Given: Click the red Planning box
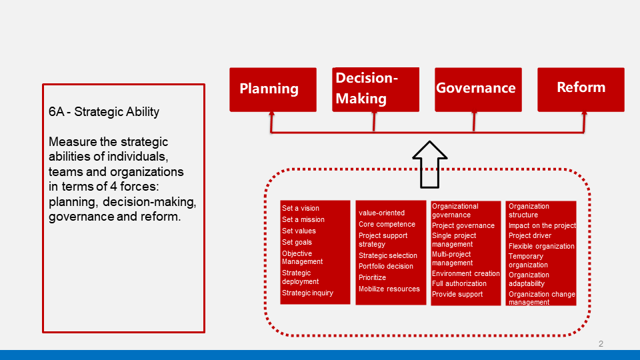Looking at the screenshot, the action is click(273, 90).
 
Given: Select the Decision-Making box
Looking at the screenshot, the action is click(375, 90).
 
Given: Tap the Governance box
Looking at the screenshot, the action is click(478, 90).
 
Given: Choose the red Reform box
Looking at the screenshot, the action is click(581, 90).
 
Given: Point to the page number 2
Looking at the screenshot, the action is click(601, 344).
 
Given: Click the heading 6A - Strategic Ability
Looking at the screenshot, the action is click(104, 112).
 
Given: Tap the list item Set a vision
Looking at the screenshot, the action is click(301, 208).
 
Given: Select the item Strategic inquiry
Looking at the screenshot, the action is click(307, 293).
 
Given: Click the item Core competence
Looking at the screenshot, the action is click(387, 225).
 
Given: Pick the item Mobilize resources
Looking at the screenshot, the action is click(389, 289).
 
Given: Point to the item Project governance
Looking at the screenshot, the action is click(463, 226).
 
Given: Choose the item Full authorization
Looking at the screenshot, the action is click(459, 284).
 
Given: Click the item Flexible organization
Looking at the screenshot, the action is click(541, 247).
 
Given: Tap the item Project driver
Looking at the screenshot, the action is click(530, 236).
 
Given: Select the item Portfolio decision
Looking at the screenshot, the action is click(386, 267).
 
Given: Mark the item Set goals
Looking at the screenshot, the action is click(297, 243).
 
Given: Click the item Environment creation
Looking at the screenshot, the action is click(466, 273).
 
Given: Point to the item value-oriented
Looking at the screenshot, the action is click(381, 213).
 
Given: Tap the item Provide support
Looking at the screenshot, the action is click(457, 294).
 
